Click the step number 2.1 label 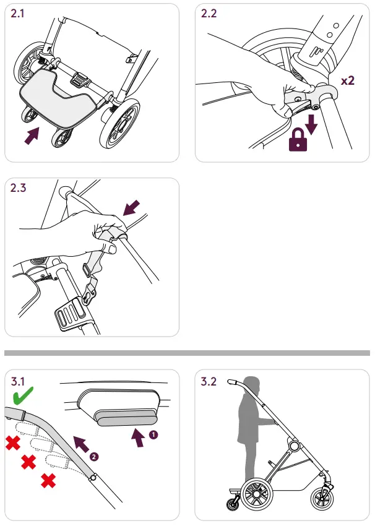(19, 15)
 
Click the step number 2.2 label (210, 15)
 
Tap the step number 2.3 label (19, 189)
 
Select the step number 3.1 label (19, 381)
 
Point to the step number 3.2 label (210, 381)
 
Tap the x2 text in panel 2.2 (348, 81)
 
